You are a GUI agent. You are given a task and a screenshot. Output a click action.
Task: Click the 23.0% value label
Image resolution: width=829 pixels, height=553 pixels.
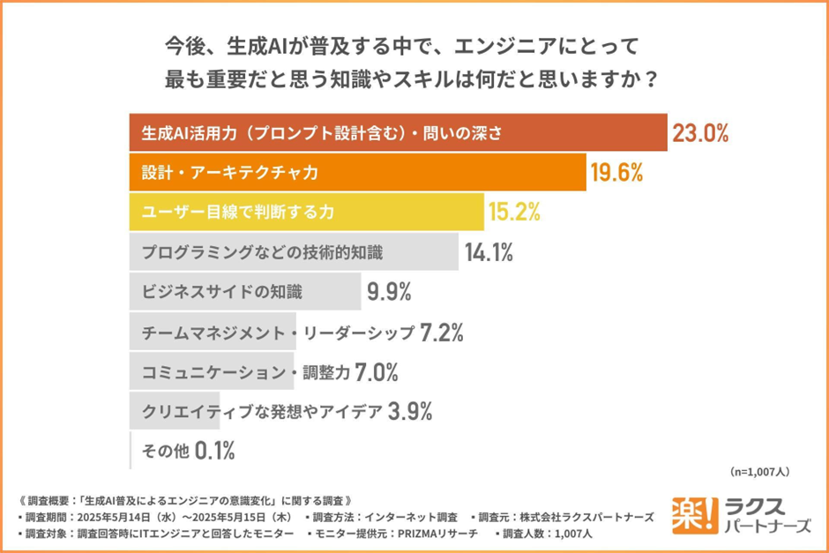[701, 133]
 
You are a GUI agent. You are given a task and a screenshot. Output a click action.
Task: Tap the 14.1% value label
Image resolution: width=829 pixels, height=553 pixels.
[489, 253]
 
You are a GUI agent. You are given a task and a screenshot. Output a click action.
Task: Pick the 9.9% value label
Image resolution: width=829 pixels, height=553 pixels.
[390, 292]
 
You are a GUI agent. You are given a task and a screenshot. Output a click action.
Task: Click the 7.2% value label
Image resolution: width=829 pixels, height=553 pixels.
[442, 333]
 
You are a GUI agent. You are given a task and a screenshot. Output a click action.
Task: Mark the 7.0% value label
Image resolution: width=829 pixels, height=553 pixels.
[377, 372]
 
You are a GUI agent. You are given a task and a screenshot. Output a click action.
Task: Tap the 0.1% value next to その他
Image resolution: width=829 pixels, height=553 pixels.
[214, 452]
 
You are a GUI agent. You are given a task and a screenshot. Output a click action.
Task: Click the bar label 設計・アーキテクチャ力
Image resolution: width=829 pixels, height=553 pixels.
[229, 173]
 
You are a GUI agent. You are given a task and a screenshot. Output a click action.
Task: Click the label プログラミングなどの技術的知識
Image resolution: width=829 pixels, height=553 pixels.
[262, 253]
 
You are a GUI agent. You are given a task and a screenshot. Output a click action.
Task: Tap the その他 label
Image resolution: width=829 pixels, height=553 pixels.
[165, 452]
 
